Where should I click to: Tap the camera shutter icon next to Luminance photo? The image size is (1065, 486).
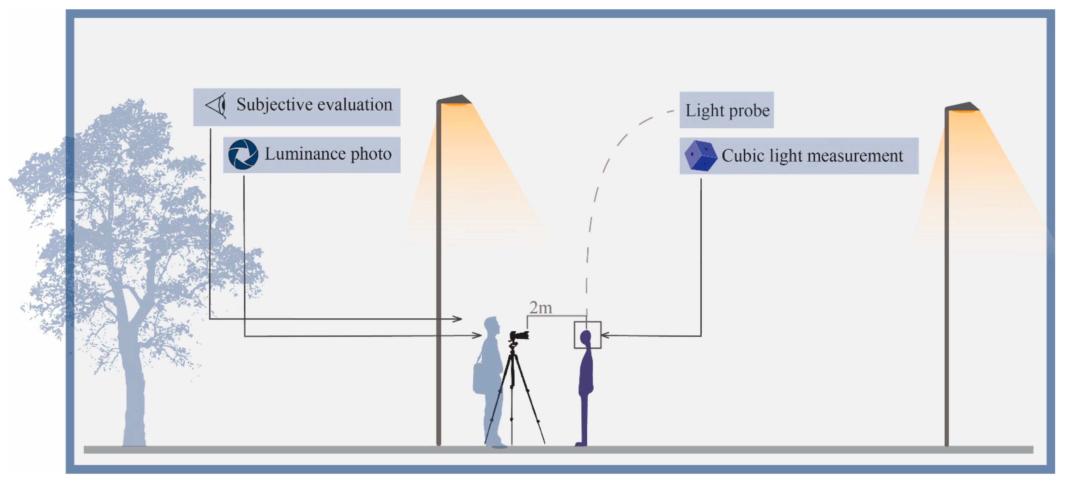coord(243,154)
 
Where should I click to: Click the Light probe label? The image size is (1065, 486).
coord(727,110)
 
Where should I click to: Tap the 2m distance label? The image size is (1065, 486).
coord(540,308)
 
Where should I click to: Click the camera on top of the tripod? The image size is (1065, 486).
coord(519,336)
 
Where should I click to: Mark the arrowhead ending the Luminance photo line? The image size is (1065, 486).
coord(478,336)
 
